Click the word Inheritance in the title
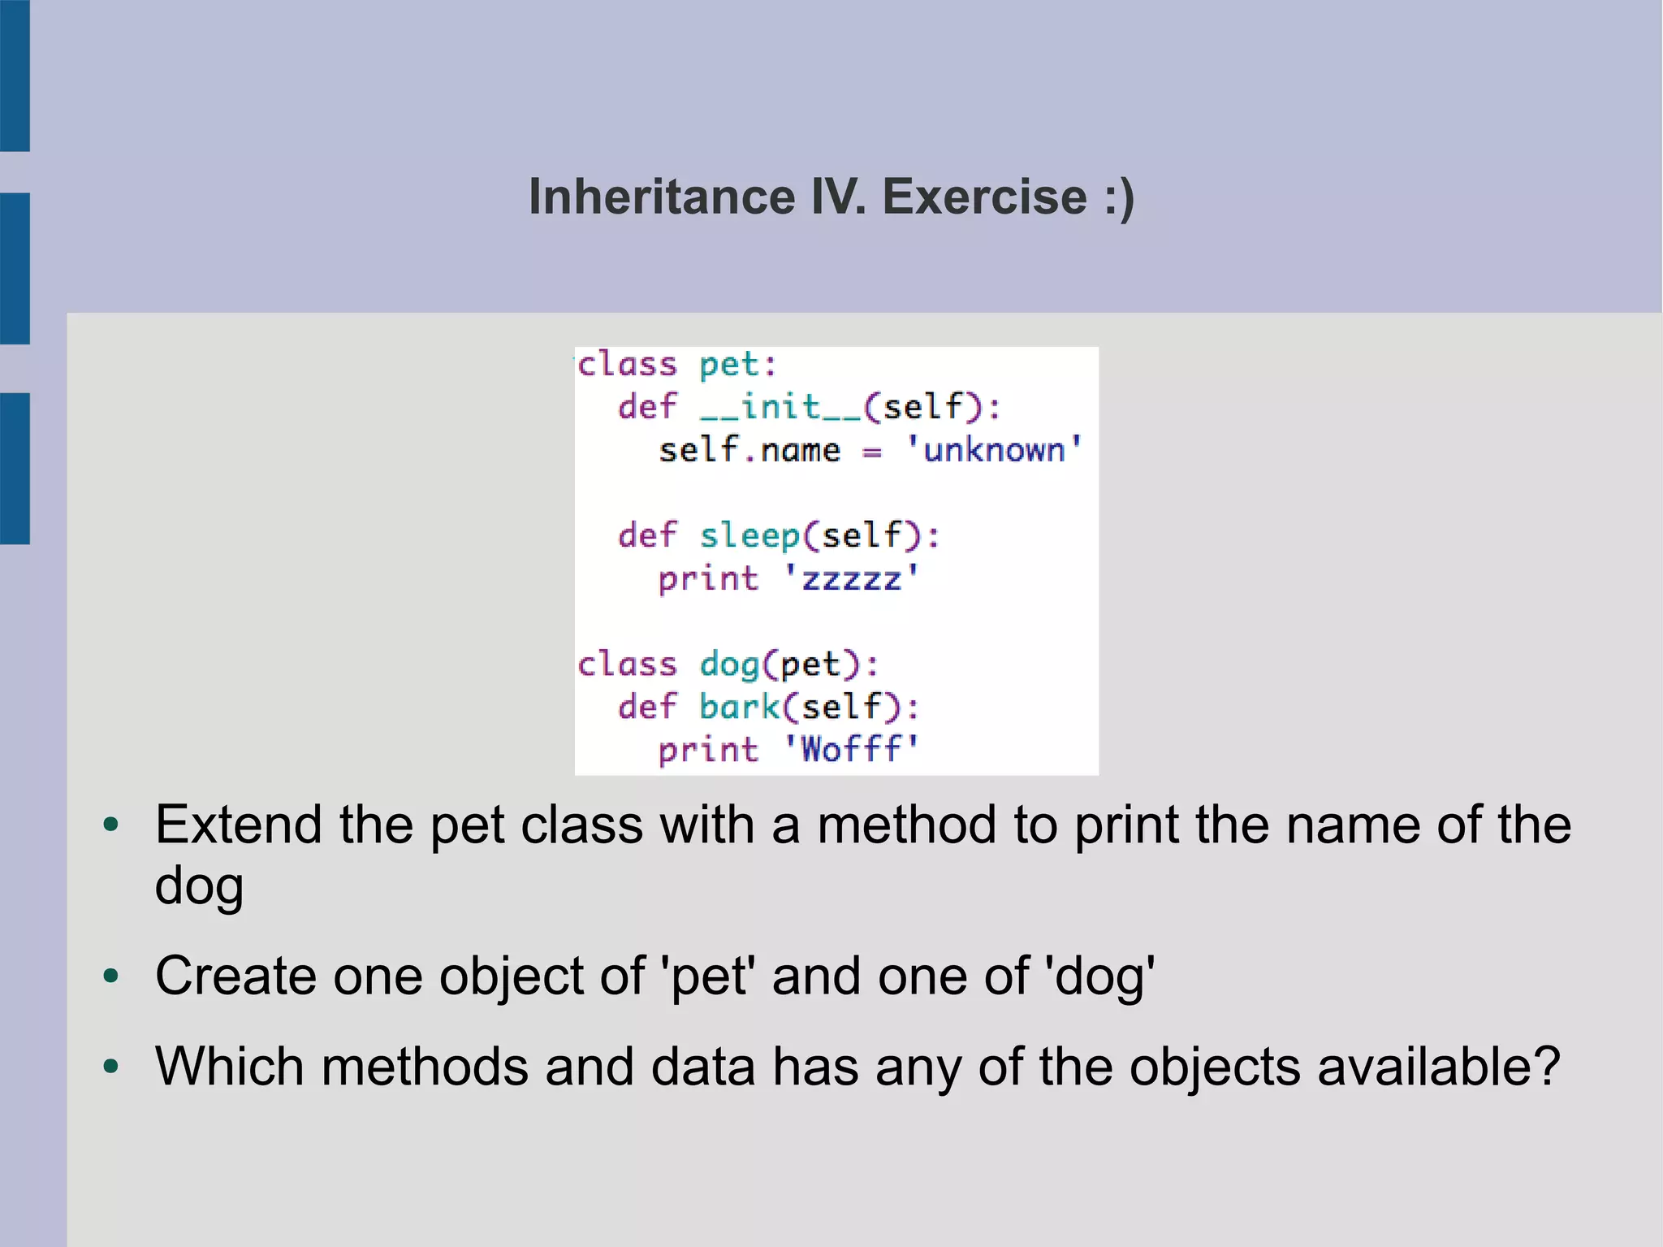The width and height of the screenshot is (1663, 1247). coord(662,197)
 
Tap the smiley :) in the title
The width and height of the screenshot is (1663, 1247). coord(1119,197)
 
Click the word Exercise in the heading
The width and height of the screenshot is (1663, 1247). coord(984,197)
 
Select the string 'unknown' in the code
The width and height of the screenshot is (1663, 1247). coord(995,449)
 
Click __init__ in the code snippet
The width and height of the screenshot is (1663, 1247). coord(780,406)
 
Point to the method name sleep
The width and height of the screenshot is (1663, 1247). coord(749,535)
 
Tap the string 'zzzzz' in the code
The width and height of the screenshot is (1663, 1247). coord(851,578)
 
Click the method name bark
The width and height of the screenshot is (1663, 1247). coord(739,707)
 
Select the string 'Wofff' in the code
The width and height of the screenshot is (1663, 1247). coord(851,749)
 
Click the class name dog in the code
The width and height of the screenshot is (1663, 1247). coord(729,665)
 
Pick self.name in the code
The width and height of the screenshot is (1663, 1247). coord(749,449)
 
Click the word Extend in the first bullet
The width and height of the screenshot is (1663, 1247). coord(239,825)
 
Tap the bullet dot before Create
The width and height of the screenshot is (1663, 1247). coord(111,975)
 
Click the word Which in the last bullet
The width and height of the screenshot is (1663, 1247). coord(230,1066)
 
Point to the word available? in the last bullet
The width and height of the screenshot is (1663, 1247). coord(1438,1066)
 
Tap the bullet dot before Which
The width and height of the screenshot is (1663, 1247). coord(111,1066)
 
